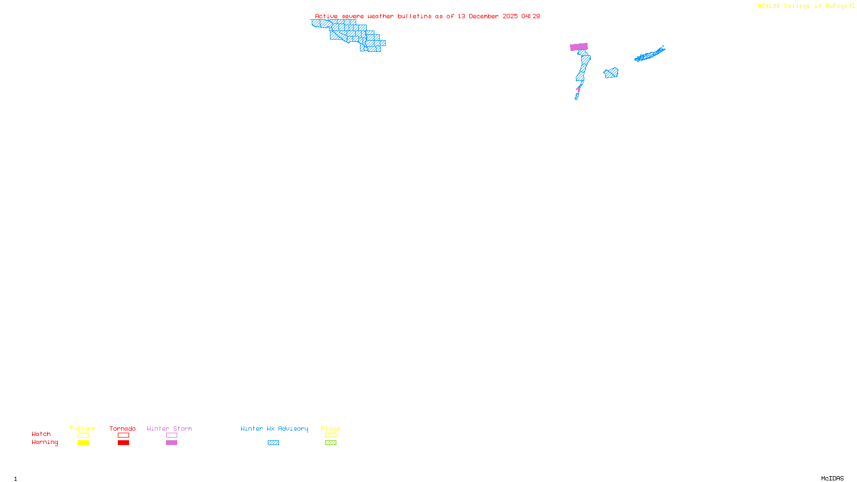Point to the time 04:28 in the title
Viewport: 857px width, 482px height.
[x=531, y=16]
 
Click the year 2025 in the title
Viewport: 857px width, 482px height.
[x=510, y=16]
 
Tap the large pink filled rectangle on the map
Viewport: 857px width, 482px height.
[x=579, y=47]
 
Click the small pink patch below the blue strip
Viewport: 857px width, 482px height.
[x=578, y=88]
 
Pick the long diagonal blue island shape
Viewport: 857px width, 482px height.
[x=650, y=55]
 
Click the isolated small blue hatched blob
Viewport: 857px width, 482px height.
[x=611, y=73]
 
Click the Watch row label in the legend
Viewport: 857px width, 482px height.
[x=41, y=434]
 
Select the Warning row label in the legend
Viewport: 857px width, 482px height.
[x=44, y=442]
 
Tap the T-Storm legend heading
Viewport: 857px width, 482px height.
[x=82, y=428]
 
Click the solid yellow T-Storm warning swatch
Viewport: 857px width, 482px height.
[x=83, y=443]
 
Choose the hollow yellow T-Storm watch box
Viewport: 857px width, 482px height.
[x=83, y=435]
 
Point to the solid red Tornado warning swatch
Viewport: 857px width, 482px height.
[x=124, y=443]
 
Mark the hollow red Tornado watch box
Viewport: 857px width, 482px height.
[x=124, y=435]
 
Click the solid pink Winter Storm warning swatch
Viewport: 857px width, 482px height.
[x=171, y=443]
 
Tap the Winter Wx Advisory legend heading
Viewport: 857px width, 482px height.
[x=274, y=428]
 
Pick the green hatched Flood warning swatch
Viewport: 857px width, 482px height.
[x=330, y=443]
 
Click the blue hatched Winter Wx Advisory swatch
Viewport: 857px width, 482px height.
[x=273, y=443]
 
